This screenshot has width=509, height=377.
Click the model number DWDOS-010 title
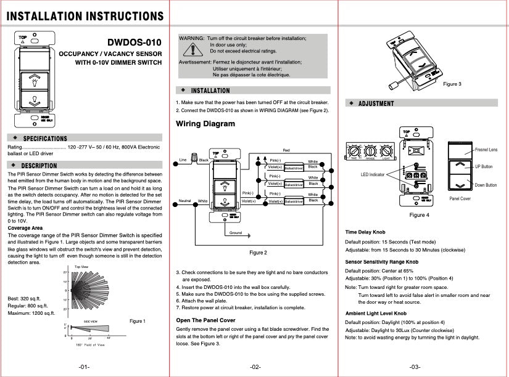point(134,43)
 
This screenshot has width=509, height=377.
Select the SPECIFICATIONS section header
point(44,139)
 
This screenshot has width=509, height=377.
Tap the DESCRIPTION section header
point(39,166)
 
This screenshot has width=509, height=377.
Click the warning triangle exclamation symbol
point(197,50)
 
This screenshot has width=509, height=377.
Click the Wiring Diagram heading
point(205,124)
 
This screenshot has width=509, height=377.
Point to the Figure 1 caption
point(138,321)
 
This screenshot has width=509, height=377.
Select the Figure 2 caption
point(258,253)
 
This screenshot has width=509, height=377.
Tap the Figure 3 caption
point(452,84)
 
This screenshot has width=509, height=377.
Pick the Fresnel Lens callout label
point(486,150)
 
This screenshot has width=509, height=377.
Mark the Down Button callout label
point(485,185)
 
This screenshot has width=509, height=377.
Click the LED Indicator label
point(373,175)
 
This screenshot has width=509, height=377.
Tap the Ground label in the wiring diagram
point(236,233)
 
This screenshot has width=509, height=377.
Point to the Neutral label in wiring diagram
point(184,201)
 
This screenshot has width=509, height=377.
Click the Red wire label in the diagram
point(286,150)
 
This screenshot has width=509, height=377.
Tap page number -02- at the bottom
point(255,367)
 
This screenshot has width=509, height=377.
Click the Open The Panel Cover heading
point(205,320)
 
